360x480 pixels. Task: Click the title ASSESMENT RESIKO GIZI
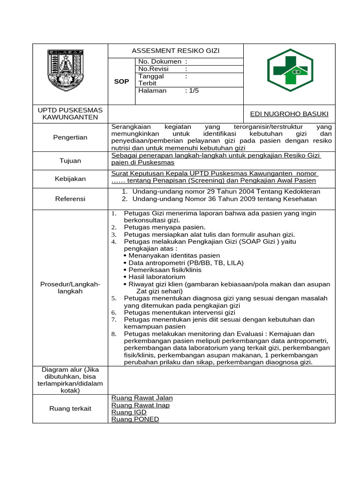[x=175, y=51]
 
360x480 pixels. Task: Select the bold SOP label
[x=121, y=82]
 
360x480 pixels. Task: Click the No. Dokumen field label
[x=159, y=61]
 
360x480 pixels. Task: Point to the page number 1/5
[x=192, y=90]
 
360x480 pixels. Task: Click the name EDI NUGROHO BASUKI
[x=289, y=114]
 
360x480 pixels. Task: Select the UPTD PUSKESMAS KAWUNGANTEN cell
[x=70, y=113]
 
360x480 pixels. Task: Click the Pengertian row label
[x=70, y=137]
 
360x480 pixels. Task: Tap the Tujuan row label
[x=70, y=161]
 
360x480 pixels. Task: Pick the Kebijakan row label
[x=70, y=179]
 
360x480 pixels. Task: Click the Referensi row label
[x=70, y=199]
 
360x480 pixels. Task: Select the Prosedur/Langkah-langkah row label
[x=70, y=288]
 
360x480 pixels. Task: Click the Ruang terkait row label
[x=70, y=408]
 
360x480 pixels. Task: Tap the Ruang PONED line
[x=135, y=419]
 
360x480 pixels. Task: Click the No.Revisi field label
[x=153, y=68]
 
